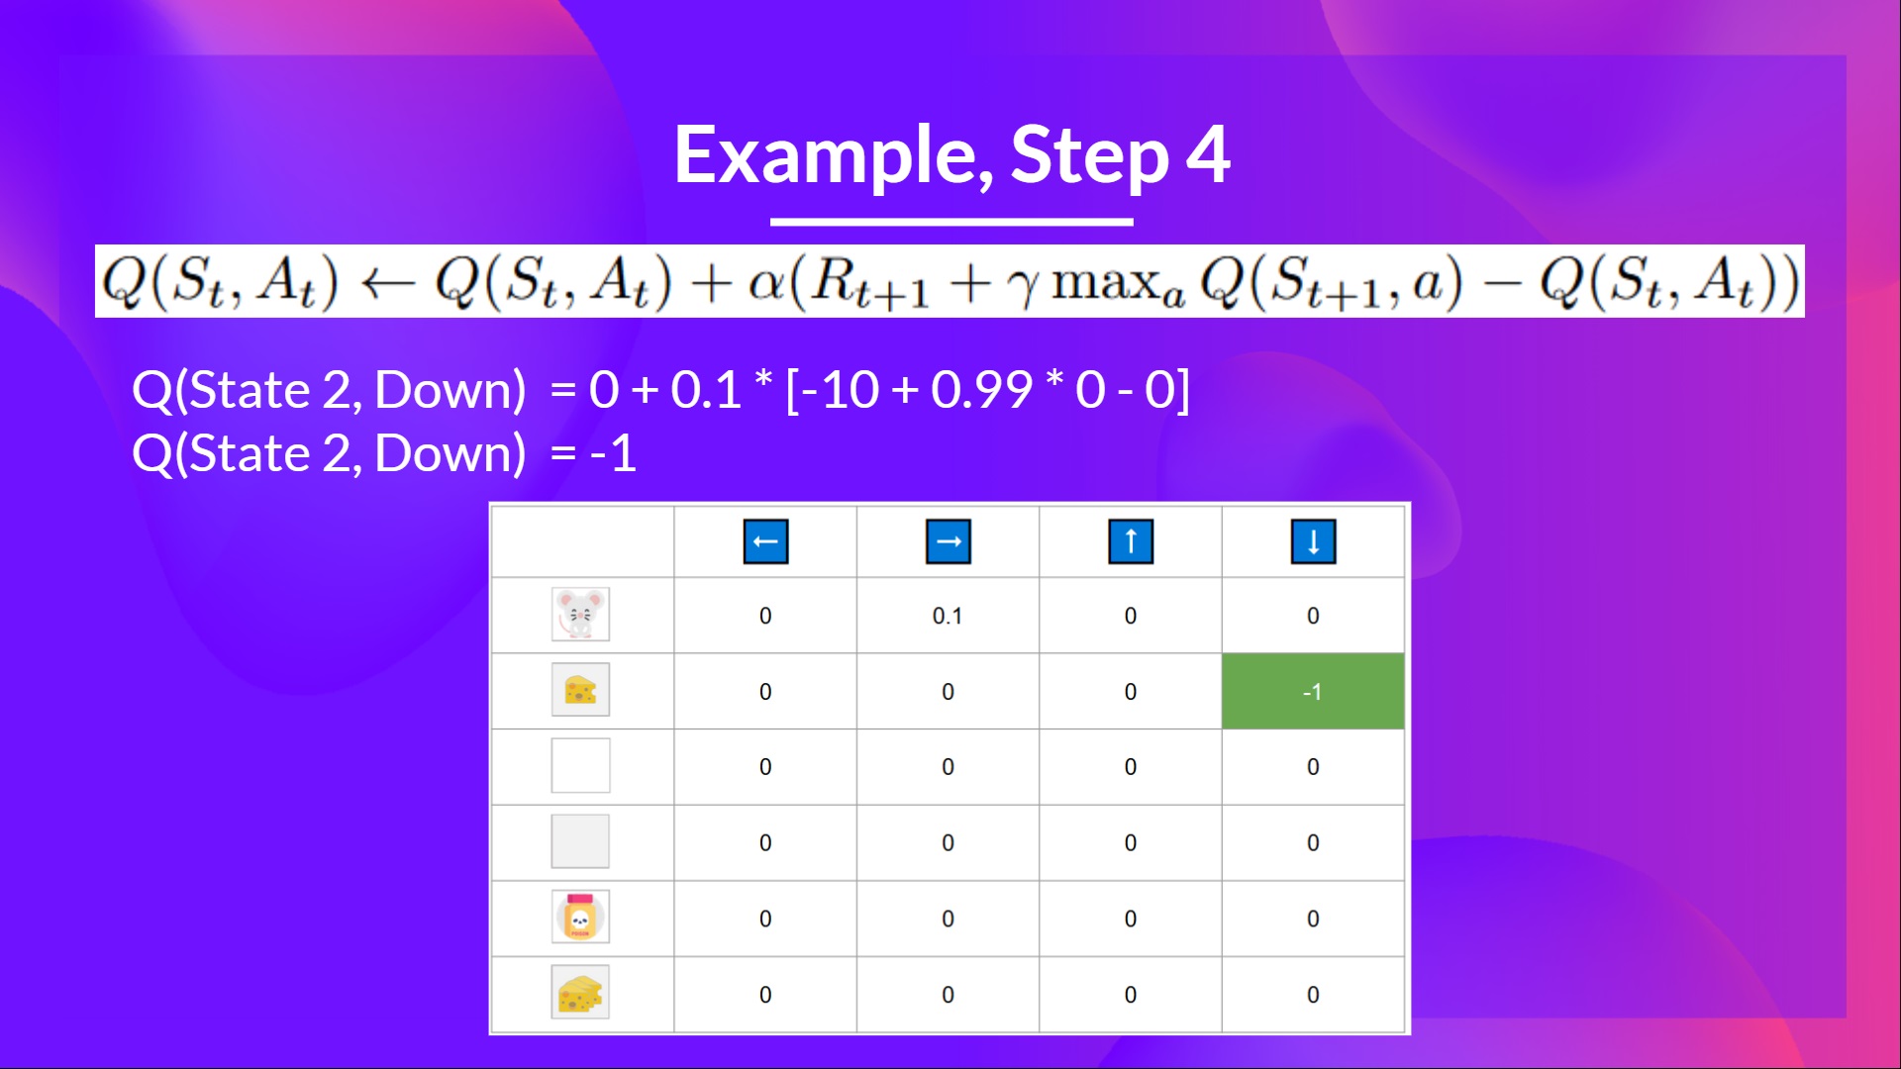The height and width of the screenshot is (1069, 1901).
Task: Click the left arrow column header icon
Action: [x=765, y=541]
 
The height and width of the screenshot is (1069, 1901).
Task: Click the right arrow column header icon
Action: [x=948, y=541]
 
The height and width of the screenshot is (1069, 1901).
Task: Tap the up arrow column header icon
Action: [x=1131, y=541]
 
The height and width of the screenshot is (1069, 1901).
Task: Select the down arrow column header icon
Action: [x=1313, y=541]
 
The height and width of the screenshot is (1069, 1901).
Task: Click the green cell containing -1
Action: [x=1313, y=691]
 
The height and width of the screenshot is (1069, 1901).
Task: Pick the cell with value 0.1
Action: [x=947, y=616]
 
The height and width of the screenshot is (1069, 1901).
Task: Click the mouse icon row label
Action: [x=580, y=615]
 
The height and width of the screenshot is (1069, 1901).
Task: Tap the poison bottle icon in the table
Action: [x=580, y=917]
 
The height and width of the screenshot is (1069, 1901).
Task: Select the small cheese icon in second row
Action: [x=580, y=690]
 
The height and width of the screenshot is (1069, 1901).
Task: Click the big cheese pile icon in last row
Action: [x=580, y=993]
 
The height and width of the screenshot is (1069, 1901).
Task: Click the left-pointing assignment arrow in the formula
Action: [x=387, y=285]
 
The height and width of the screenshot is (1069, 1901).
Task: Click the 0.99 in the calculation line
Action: [x=981, y=389]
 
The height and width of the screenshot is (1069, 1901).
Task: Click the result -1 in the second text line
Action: [x=613, y=453]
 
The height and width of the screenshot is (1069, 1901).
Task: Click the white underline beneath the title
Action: [x=951, y=222]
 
